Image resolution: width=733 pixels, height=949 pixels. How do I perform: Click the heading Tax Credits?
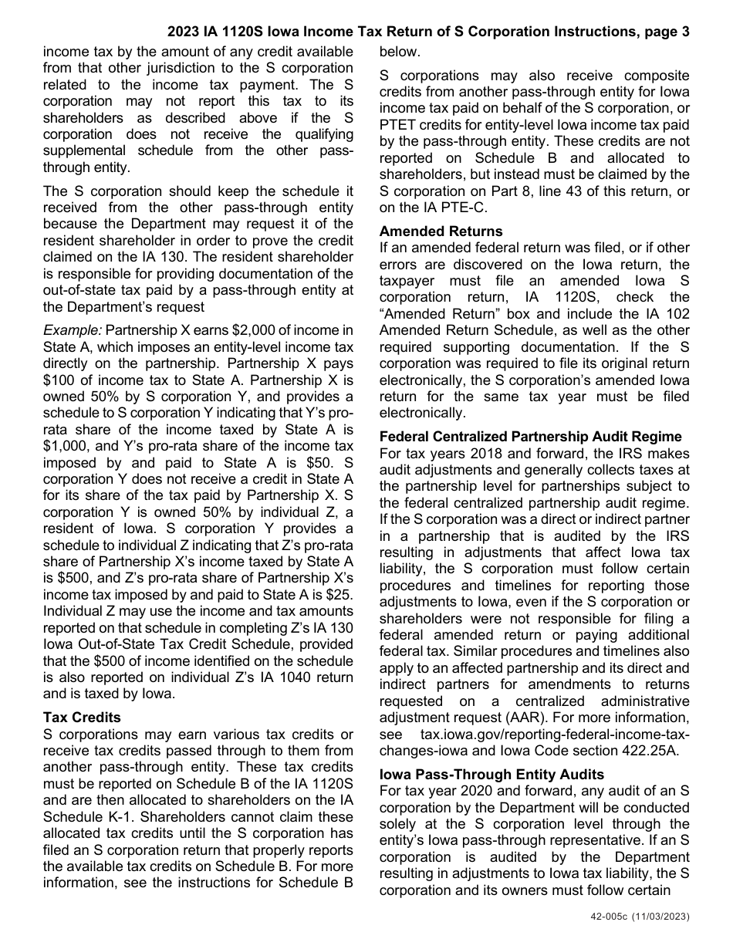point(82,717)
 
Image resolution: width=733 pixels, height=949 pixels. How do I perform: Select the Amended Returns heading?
point(441,231)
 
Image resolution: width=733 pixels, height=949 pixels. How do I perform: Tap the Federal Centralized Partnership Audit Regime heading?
point(531,437)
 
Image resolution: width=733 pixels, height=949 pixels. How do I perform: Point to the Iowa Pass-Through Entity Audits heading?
point(491,774)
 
